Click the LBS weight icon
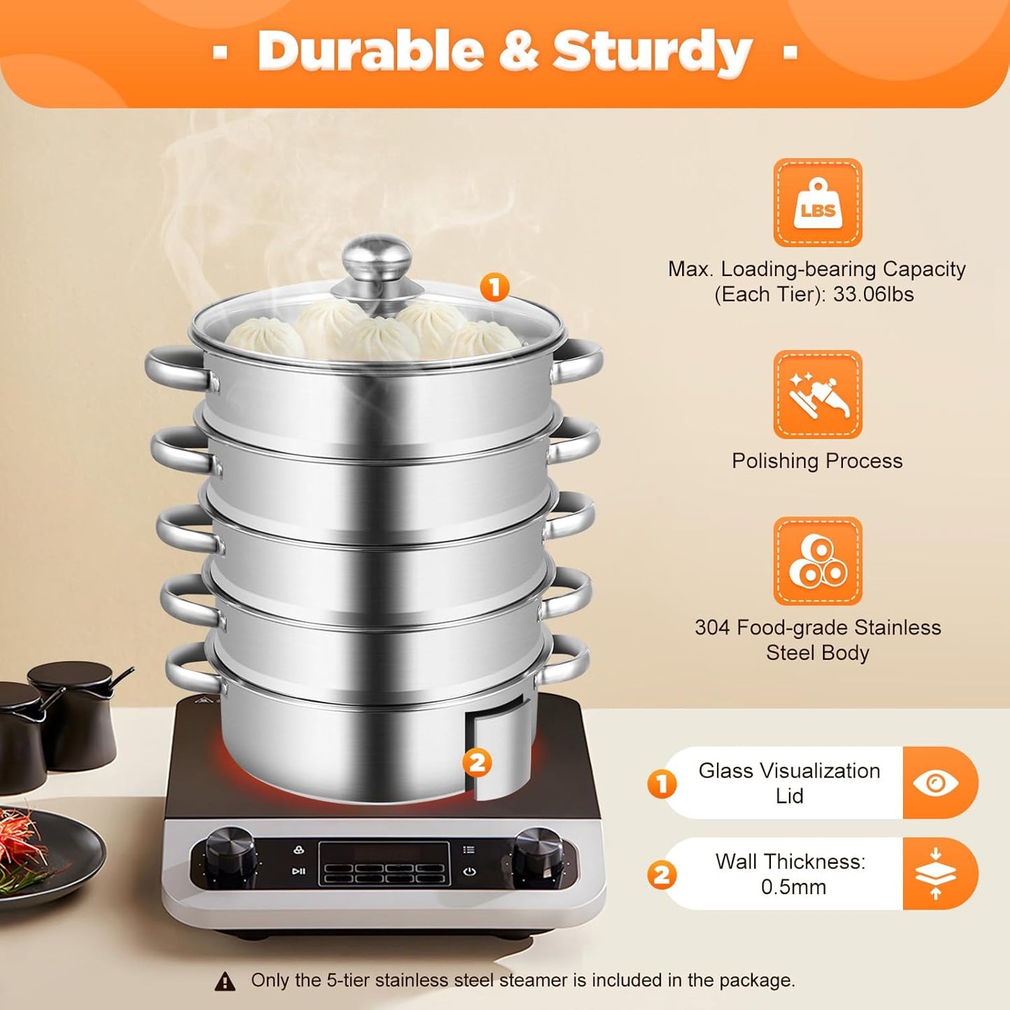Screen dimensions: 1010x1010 (x=817, y=203)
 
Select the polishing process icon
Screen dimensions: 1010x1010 (x=817, y=394)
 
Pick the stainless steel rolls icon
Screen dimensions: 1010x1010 (x=817, y=561)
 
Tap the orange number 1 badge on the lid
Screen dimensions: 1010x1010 (x=495, y=287)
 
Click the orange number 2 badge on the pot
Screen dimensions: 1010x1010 (x=477, y=762)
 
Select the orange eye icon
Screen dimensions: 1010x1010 (x=936, y=783)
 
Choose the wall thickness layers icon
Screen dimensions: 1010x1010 (x=936, y=874)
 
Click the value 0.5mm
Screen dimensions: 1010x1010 (x=793, y=887)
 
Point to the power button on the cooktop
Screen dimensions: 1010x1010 (x=470, y=872)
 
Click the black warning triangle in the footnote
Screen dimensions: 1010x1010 (x=225, y=981)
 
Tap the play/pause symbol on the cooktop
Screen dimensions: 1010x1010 (x=298, y=871)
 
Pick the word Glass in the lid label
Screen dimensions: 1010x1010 (x=726, y=771)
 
